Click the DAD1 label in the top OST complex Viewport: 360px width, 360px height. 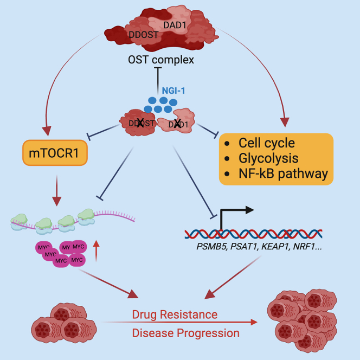pyautogui.click(x=175, y=25)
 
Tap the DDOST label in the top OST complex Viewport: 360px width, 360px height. pyautogui.click(x=144, y=35)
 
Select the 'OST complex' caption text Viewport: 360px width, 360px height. pyautogui.click(x=161, y=60)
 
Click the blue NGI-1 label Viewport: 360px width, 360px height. pyautogui.click(x=173, y=91)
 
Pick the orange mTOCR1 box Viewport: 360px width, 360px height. pyautogui.click(x=55, y=153)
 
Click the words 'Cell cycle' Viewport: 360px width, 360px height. pyautogui.click(x=267, y=143)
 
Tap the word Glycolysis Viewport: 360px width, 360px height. pyautogui.click(x=268, y=158)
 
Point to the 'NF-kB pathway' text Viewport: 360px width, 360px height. pyautogui.click(x=284, y=173)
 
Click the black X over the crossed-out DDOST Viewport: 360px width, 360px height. pyautogui.click(x=140, y=123)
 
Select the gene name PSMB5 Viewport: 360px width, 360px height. pyautogui.click(x=212, y=247)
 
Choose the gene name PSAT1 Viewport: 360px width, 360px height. pyautogui.click(x=245, y=247)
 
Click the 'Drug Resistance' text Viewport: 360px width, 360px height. pyautogui.click(x=175, y=314)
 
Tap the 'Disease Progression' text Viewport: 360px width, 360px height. pyautogui.click(x=186, y=333)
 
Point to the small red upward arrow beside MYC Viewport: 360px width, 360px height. pyautogui.click(x=96, y=251)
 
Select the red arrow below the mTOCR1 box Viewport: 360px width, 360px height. pyautogui.click(x=57, y=190)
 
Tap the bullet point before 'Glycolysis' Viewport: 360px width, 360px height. pyautogui.click(x=227, y=159)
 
